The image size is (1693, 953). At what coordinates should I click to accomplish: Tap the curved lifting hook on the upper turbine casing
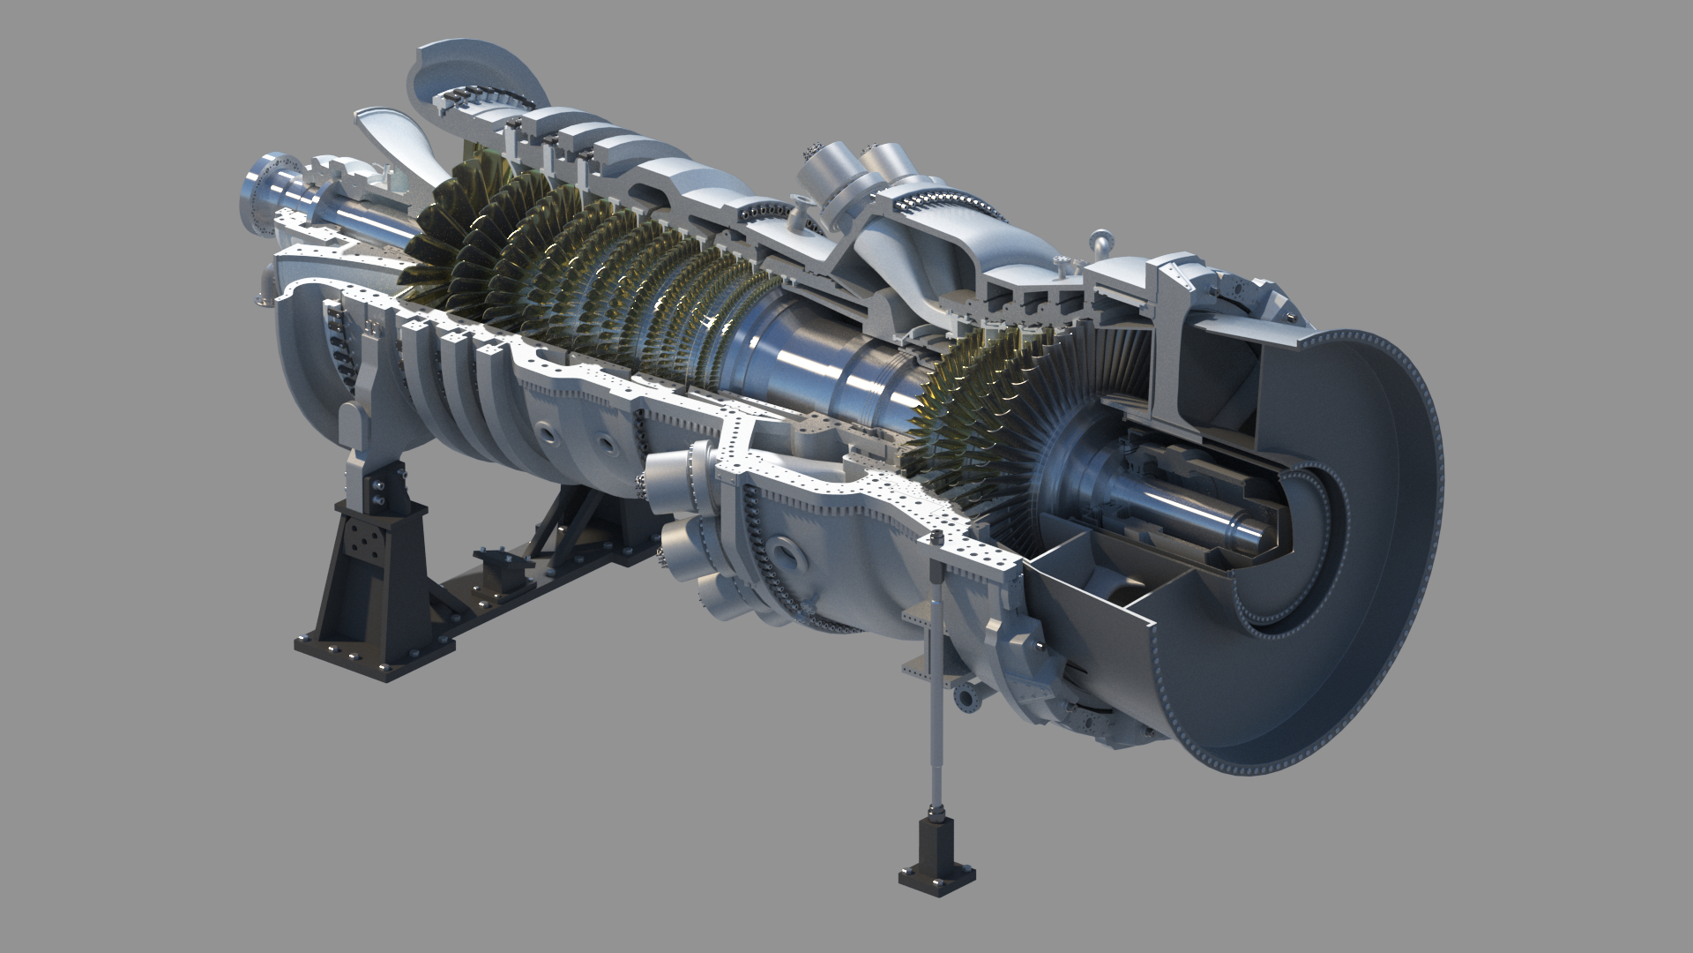pyautogui.click(x=1099, y=240)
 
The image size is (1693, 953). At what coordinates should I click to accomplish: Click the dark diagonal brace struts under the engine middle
pyautogui.click(x=564, y=521)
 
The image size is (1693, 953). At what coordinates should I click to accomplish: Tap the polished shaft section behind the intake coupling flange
pyautogui.click(x=353, y=221)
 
